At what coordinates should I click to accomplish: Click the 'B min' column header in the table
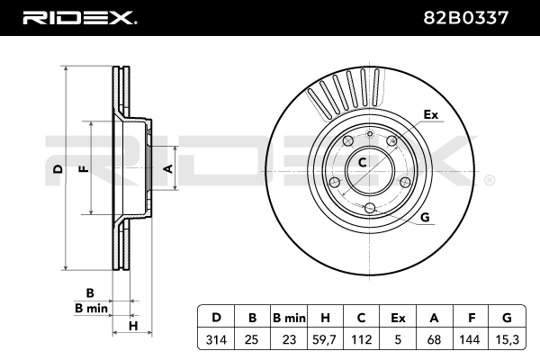(x=290, y=318)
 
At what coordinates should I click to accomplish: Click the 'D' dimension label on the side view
(x=57, y=168)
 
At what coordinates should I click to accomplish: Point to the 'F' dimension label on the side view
(x=82, y=168)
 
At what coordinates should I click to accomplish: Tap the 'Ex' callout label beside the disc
(x=430, y=114)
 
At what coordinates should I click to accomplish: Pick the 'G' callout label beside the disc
(x=424, y=217)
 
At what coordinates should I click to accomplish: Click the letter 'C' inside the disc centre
(x=362, y=163)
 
